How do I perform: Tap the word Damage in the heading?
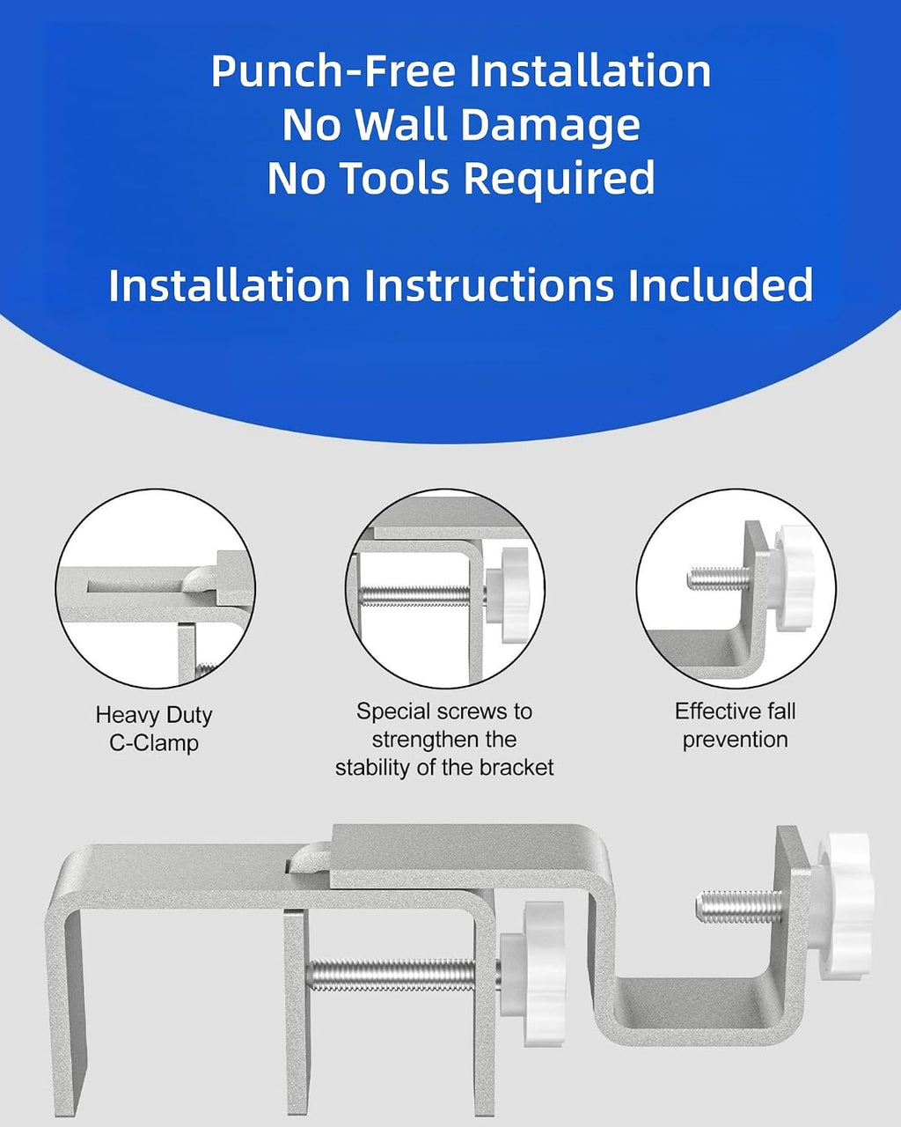pos(550,125)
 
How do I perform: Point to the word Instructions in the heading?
pos(489,285)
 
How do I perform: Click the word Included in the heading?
pos(721,285)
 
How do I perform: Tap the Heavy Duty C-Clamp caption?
pos(154,728)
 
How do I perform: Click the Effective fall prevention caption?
pos(735,726)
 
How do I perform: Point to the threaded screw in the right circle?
pos(720,578)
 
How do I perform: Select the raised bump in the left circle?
pos(201,578)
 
